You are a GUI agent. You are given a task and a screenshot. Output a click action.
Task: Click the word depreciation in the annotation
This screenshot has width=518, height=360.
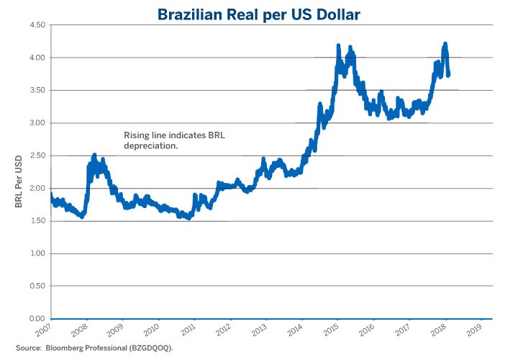point(150,145)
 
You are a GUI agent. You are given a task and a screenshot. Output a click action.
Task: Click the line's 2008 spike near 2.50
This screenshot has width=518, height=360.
point(94,156)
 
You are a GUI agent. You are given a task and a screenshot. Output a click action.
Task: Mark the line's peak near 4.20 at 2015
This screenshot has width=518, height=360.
point(338,46)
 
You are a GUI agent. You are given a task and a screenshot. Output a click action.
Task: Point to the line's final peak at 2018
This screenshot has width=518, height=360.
point(445,45)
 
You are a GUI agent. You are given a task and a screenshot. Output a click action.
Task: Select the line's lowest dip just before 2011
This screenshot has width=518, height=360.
point(188,217)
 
